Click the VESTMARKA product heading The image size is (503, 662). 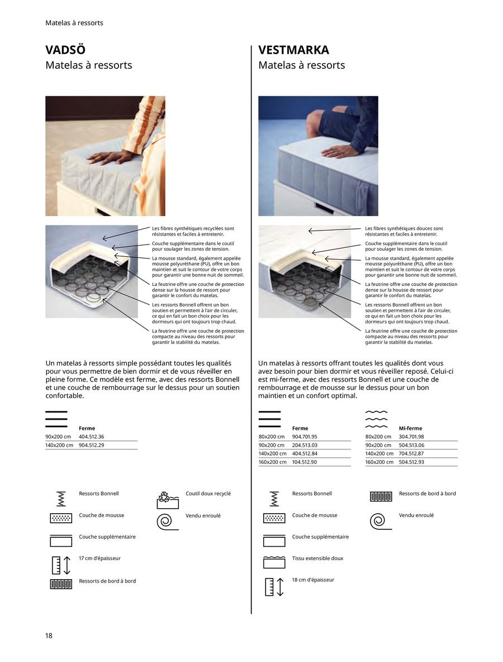(293, 50)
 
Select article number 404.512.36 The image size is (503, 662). (91, 436)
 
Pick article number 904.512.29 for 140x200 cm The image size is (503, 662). (91, 445)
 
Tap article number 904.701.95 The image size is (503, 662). (305, 436)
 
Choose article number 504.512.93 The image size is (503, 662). (411, 462)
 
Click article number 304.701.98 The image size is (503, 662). (411, 436)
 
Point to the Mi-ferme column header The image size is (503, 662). (410, 428)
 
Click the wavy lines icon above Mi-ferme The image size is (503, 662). (376, 419)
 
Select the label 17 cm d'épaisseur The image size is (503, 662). (99, 558)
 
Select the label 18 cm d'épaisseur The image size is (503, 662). (313, 580)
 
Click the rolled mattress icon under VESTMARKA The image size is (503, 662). (377, 520)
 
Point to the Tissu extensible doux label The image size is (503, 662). (317, 558)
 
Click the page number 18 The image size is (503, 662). (49, 635)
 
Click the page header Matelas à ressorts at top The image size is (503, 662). (74, 23)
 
